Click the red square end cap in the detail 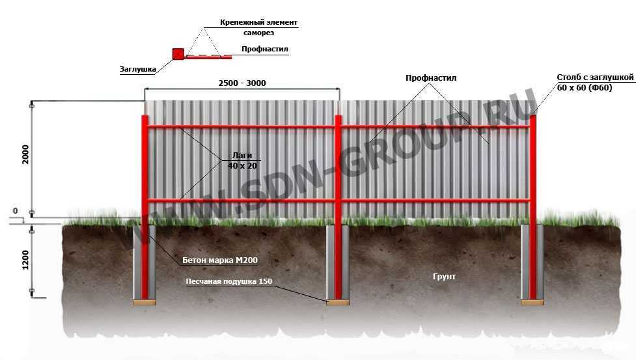(x=178, y=54)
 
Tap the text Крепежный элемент (x=258, y=22)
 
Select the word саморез (x=258, y=33)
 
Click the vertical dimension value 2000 (x=25, y=154)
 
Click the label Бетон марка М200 (x=221, y=260)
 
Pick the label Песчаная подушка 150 (x=228, y=282)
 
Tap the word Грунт (x=444, y=277)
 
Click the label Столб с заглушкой (x=595, y=77)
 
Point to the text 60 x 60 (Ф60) (x=585, y=88)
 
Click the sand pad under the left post (x=144, y=301)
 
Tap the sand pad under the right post (x=532, y=301)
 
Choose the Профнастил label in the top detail (x=264, y=49)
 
